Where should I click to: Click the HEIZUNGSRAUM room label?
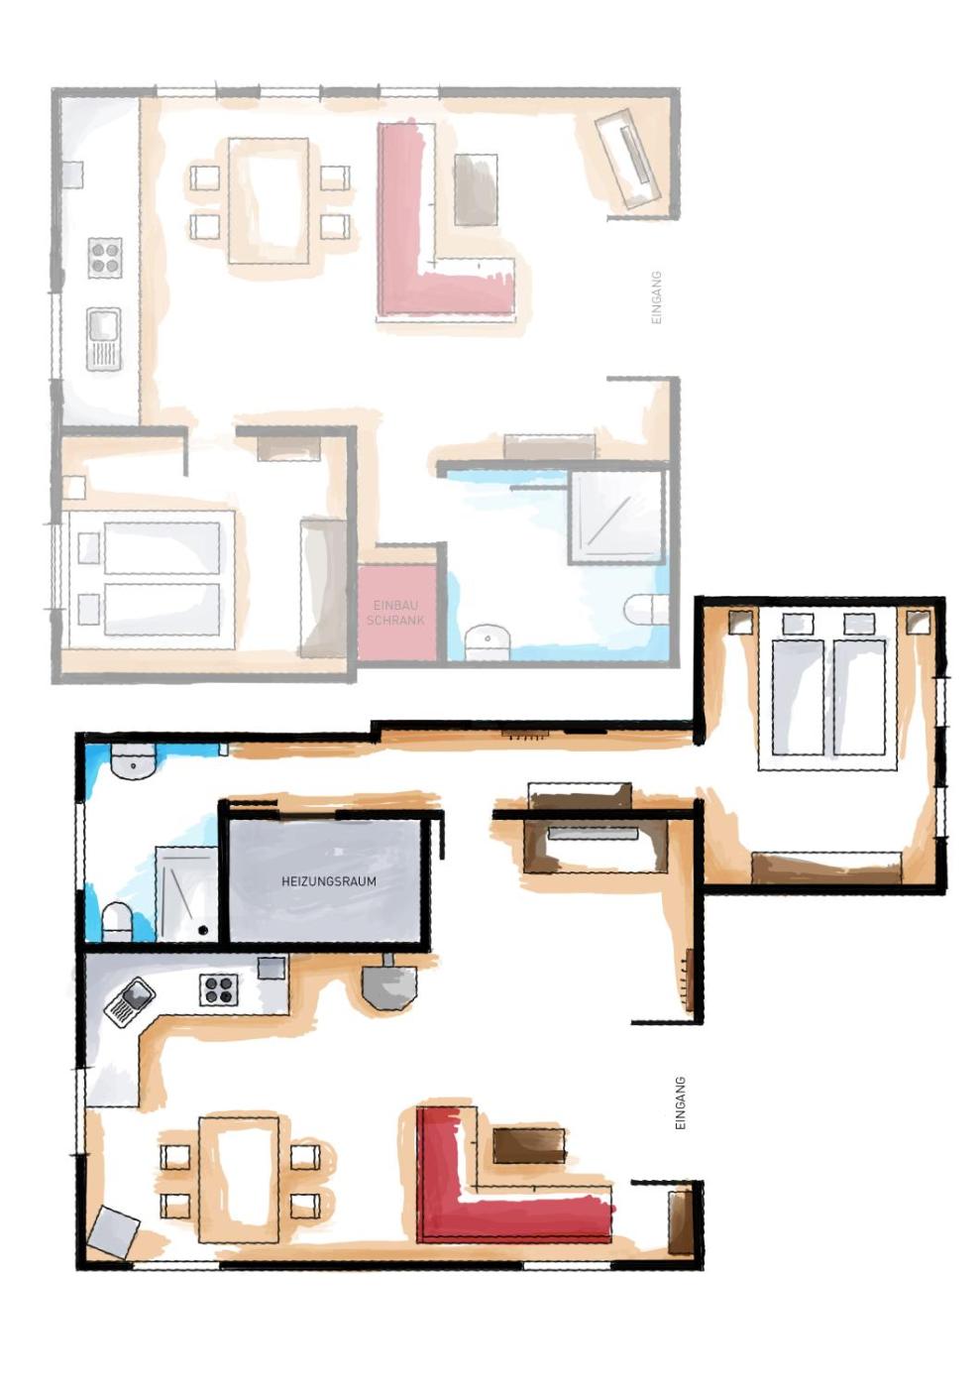[328, 880]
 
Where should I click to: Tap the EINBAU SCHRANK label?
[395, 613]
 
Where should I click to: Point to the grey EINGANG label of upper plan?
[657, 296]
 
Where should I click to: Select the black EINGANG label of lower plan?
[680, 1102]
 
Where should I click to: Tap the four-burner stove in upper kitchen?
[104, 257]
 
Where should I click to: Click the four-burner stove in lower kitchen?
[219, 989]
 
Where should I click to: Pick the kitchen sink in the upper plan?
[103, 338]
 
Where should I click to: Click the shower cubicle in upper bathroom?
[618, 518]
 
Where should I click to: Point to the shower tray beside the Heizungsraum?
[186, 894]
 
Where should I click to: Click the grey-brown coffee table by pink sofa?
[476, 189]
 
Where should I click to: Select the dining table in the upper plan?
[269, 201]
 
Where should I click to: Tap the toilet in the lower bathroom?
[117, 922]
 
